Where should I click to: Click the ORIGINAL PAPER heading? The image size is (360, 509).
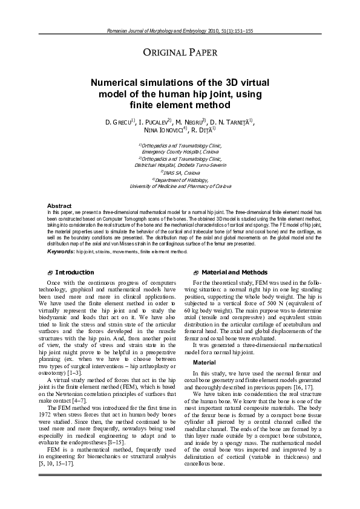(179, 55)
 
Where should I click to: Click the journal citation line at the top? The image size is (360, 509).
(180, 30)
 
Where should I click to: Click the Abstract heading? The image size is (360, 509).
(59, 206)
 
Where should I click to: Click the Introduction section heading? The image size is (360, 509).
(74, 273)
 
